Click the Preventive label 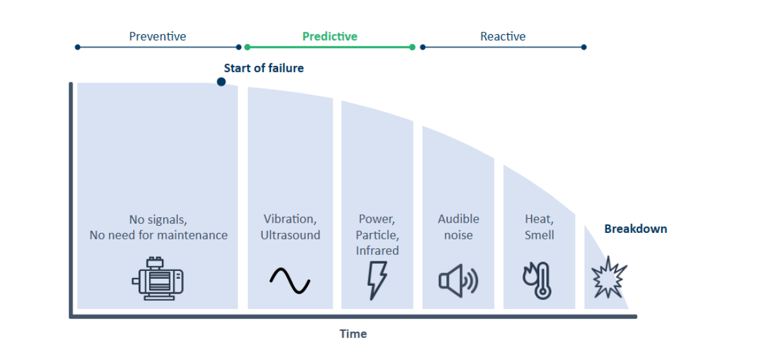coord(157,36)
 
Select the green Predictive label coord(330,36)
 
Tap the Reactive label coord(503,36)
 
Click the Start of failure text coord(264,68)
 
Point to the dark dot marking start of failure coord(221,82)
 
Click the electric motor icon coord(157,279)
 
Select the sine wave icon coord(290,281)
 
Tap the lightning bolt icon coord(377,280)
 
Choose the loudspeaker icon coord(458,281)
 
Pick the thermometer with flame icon coord(537,281)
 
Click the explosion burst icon coord(610,277)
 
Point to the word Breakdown coord(635,229)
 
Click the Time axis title coord(353,334)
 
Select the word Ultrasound coord(290,235)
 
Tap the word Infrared coord(377,250)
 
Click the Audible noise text coord(459,227)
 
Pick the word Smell coord(539,235)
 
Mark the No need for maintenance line coord(159,235)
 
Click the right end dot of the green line coord(412,47)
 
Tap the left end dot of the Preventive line coord(77,47)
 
